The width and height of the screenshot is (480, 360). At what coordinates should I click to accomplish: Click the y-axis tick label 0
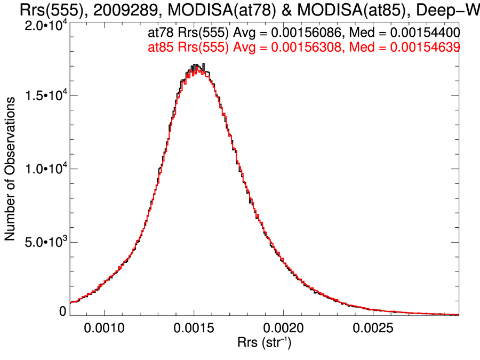62,311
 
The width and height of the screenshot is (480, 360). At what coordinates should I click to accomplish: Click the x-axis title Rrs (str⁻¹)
263,341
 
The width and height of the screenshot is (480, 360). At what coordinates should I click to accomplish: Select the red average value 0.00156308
305,47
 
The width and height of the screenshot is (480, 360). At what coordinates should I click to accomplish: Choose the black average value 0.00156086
305,35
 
